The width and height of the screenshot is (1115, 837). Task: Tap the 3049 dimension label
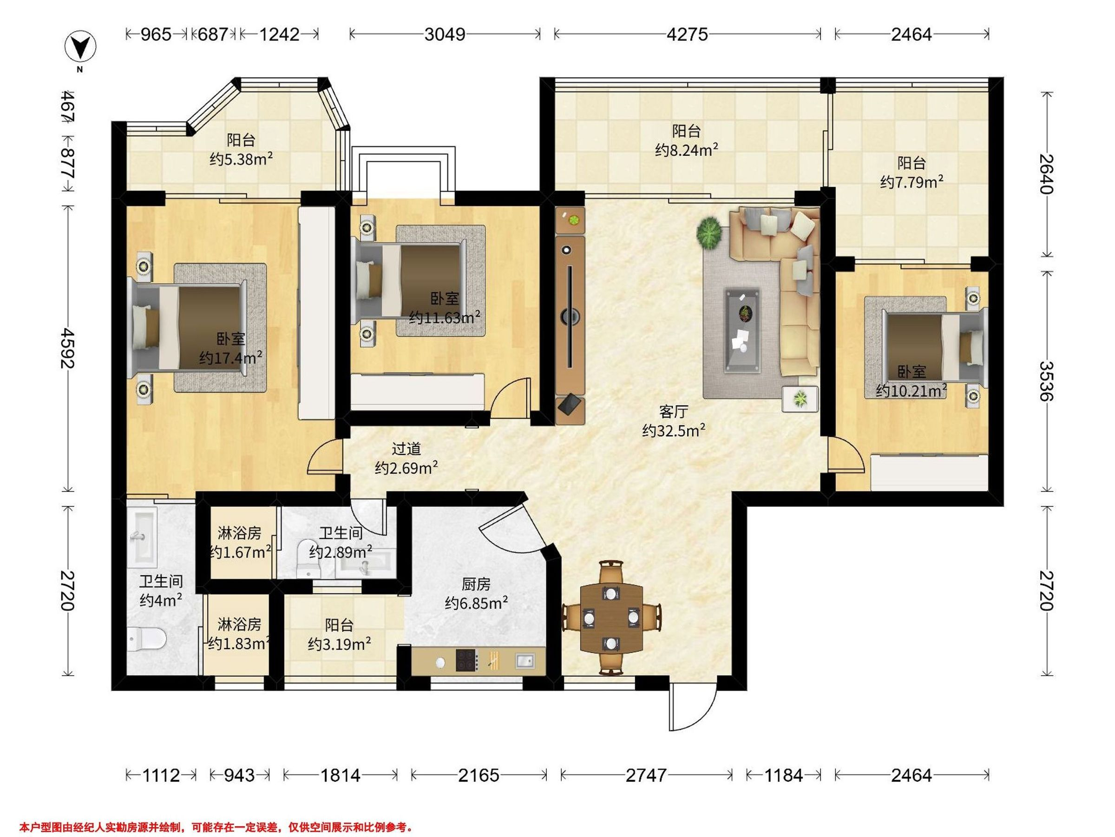click(x=445, y=34)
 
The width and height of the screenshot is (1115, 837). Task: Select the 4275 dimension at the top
click(x=687, y=34)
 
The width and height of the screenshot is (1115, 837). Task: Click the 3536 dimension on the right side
click(x=1047, y=381)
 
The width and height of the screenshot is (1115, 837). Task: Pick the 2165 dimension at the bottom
click(x=479, y=775)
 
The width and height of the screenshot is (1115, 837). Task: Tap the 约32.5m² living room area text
click(x=674, y=430)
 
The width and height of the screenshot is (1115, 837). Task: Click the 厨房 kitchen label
click(x=476, y=584)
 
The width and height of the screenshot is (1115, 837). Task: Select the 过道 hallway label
click(x=407, y=449)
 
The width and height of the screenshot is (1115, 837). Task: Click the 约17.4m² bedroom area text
click(x=230, y=358)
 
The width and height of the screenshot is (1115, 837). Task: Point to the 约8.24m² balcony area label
click(x=687, y=150)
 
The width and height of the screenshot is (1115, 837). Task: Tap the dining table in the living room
click(x=611, y=617)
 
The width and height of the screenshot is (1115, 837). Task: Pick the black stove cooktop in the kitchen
click(x=467, y=660)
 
